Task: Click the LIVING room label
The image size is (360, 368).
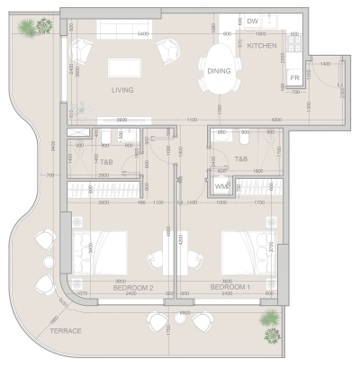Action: (123, 91)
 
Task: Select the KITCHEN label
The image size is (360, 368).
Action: (263, 44)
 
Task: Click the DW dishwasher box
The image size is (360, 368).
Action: (253, 21)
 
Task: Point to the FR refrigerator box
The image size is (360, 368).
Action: (294, 78)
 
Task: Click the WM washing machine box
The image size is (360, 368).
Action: (220, 186)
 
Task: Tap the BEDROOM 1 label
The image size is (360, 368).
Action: (230, 287)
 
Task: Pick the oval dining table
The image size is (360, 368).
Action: (220, 72)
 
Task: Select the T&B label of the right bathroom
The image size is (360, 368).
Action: (241, 159)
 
